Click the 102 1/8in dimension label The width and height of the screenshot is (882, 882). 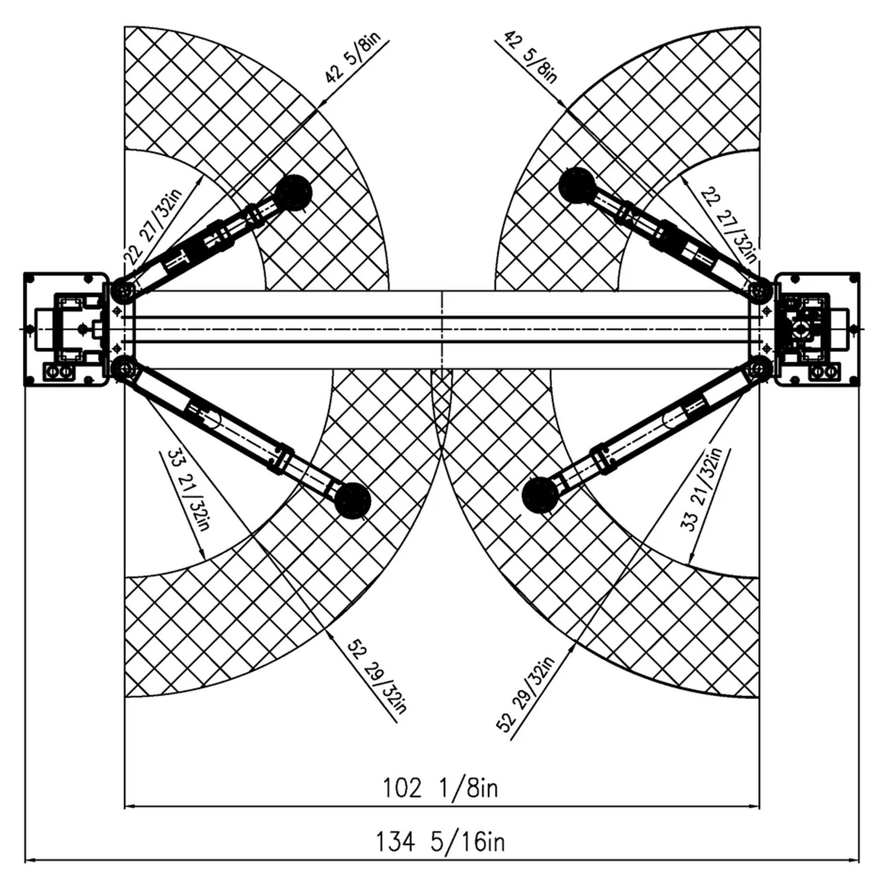(440, 789)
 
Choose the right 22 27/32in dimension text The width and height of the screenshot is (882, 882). (729, 225)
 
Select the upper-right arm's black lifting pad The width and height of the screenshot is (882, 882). (577, 186)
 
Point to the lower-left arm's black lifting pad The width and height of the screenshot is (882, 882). (353, 501)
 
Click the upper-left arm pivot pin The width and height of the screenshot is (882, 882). (124, 290)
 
